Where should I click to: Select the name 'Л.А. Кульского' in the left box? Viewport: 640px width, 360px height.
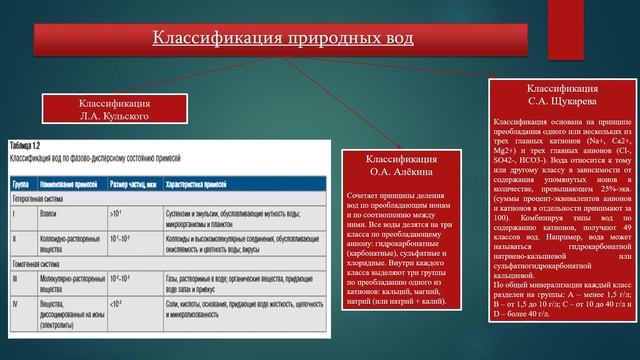[x=116, y=116]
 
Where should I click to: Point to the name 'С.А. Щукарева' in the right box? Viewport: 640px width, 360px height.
[x=562, y=100]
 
